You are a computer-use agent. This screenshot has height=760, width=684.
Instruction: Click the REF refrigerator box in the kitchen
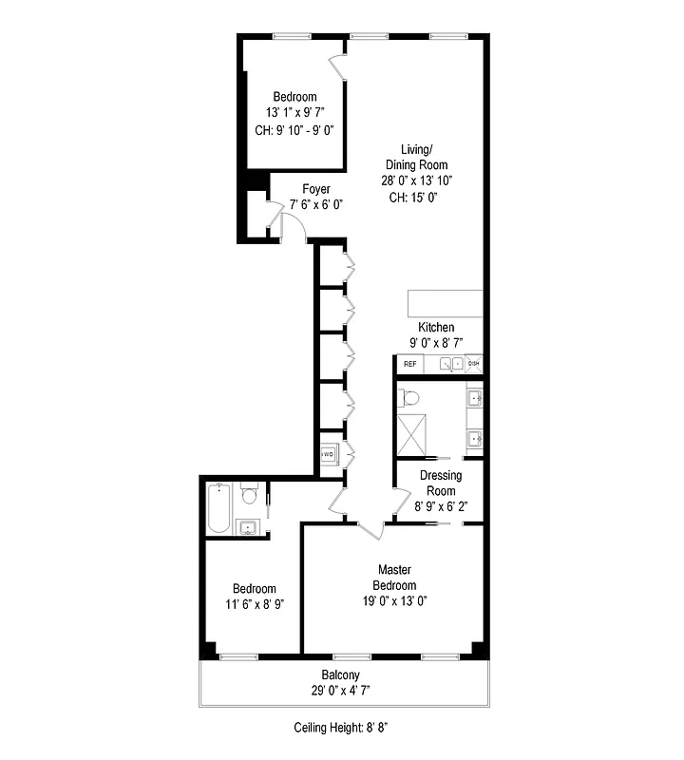pos(409,364)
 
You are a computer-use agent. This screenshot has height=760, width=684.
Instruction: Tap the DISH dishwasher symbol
pos(474,364)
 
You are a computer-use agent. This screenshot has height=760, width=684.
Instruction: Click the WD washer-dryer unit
pos(328,455)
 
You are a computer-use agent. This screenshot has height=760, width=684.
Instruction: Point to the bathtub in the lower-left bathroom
pos(218,507)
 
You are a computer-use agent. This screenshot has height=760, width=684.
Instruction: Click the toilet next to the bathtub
pos(249,495)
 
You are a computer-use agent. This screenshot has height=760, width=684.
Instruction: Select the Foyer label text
pos(316,189)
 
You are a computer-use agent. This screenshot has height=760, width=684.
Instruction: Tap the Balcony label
pos(340,675)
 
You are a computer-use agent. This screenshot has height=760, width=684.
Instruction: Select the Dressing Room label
pos(441,483)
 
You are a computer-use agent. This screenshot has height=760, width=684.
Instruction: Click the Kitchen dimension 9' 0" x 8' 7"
pos(429,343)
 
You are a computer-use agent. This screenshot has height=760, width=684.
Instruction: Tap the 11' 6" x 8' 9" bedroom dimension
pos(254,603)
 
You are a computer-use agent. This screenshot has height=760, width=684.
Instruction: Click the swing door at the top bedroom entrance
pos(338,68)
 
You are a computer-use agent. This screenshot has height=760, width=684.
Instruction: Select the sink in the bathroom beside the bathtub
pos(249,527)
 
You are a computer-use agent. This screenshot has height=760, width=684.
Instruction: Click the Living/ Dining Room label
pos(417,157)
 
